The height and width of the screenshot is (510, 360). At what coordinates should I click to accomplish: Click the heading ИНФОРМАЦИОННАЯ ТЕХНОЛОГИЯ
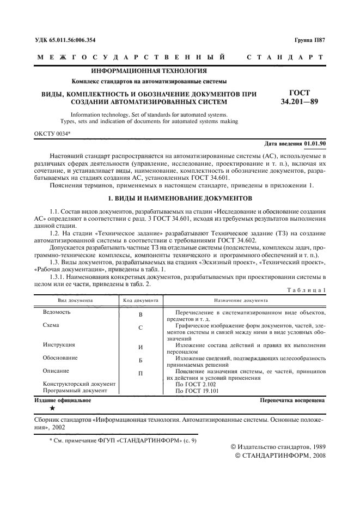[149, 71]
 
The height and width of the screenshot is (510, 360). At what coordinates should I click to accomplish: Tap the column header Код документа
[140, 300]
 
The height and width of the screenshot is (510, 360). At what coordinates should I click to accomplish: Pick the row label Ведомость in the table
[57, 312]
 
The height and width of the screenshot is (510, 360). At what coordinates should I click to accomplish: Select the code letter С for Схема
[141, 328]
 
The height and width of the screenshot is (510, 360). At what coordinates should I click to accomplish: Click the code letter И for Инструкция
[141, 347]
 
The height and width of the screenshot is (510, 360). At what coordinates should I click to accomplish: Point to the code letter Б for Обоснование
[141, 361]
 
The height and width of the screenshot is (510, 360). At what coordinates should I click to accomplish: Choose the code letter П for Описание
[141, 374]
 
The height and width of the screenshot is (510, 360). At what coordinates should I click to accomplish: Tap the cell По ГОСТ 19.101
[198, 391]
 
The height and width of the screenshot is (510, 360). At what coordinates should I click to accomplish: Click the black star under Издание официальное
[52, 408]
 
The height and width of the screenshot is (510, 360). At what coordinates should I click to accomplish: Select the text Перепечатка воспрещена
[293, 400]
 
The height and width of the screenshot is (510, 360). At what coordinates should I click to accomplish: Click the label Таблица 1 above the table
[306, 290]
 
